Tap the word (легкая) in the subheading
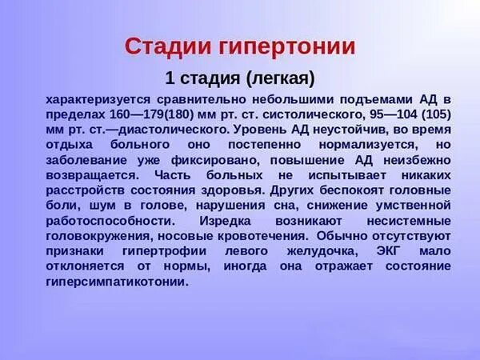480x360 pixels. pos(280,78)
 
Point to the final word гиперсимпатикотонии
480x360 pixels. pos(118,282)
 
